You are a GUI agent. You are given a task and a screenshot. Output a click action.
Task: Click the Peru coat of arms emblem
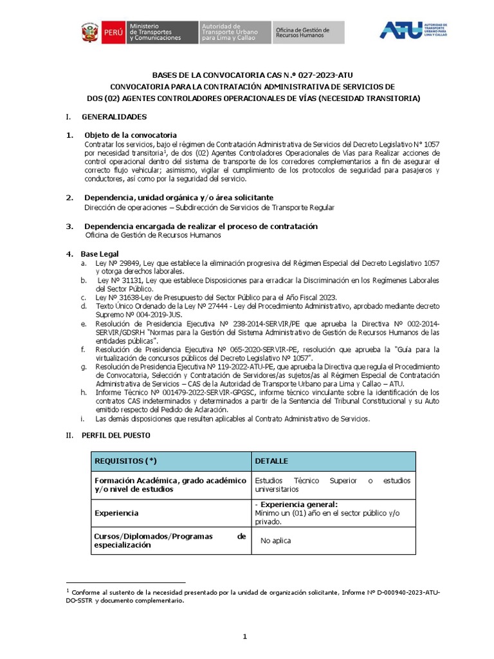(89, 33)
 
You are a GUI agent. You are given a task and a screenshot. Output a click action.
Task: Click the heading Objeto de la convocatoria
(130, 135)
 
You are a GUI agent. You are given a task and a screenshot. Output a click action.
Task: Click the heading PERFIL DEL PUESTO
(116, 435)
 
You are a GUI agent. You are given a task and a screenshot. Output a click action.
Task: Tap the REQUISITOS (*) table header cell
(125, 461)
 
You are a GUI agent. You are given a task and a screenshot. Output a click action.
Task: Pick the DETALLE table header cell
(271, 461)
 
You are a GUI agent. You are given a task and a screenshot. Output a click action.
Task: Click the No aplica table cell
(275, 541)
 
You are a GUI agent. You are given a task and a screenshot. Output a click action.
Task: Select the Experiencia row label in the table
(116, 513)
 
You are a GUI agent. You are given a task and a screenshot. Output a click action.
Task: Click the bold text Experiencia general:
(296, 505)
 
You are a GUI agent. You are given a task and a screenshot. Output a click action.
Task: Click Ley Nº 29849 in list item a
(113, 263)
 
